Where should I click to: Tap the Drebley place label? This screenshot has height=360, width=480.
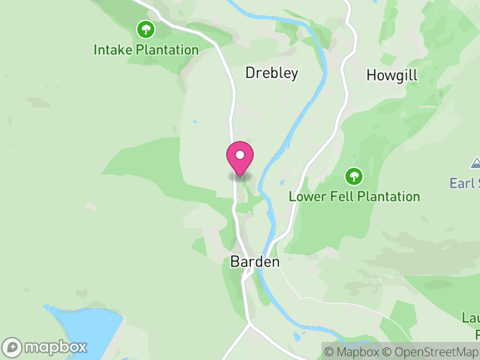(272, 73)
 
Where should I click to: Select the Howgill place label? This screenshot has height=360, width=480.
(392, 76)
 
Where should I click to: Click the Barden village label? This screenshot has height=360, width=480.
(255, 262)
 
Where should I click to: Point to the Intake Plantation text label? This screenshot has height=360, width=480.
(146, 50)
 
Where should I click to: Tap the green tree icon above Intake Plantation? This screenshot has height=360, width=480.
(145, 28)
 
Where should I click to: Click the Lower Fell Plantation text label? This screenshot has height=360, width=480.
(354, 196)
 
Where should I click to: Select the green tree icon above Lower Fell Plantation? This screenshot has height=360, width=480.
(354, 176)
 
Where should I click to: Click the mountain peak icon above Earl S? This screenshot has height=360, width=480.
(475, 163)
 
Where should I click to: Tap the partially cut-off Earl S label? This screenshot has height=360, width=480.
(466, 183)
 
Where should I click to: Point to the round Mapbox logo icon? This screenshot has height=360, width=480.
(13, 347)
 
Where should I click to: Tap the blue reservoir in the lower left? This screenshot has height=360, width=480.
(84, 330)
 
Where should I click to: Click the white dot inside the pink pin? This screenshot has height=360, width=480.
(240, 155)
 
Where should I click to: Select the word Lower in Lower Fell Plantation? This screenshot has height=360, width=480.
(305, 196)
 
